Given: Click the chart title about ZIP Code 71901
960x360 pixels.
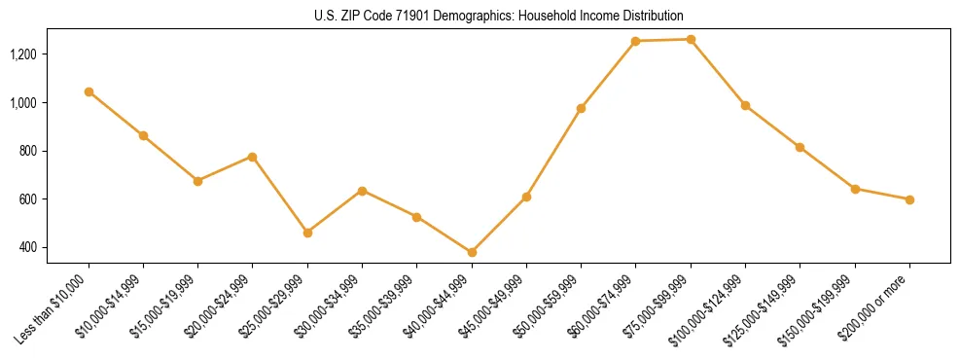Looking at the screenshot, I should tap(480, 17).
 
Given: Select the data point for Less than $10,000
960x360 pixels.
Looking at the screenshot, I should tap(89, 91).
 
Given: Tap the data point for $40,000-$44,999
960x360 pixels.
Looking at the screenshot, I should tap(472, 252).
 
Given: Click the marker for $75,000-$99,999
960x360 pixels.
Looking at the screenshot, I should tap(691, 39).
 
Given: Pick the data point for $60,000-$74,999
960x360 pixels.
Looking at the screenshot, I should tap(636, 41).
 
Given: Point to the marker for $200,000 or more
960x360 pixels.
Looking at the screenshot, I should tap(909, 199).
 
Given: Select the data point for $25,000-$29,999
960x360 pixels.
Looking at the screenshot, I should tap(307, 233).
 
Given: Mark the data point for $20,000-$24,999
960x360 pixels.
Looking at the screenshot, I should tap(253, 157).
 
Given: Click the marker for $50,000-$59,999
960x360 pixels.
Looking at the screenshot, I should tap(581, 108).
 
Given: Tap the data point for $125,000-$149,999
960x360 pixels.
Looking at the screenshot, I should tap(800, 147).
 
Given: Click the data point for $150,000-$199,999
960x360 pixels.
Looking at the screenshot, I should tap(855, 189).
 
